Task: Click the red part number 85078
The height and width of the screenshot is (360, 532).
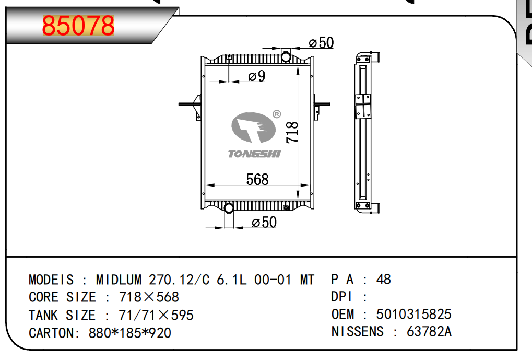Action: point(78,26)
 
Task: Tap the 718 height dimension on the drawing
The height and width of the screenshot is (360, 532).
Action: point(292,132)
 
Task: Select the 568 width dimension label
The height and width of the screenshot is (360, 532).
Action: point(257,179)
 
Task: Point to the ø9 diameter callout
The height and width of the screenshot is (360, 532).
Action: point(257,76)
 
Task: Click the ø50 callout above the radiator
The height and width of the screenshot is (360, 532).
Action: point(321,43)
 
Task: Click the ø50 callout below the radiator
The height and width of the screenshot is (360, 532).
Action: point(264,223)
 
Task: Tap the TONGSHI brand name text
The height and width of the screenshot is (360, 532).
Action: point(254,154)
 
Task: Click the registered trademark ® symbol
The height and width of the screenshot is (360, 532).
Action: point(277,114)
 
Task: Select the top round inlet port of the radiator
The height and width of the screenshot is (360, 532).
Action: point(286,57)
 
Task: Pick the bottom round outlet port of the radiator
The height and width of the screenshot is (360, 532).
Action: point(229,208)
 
